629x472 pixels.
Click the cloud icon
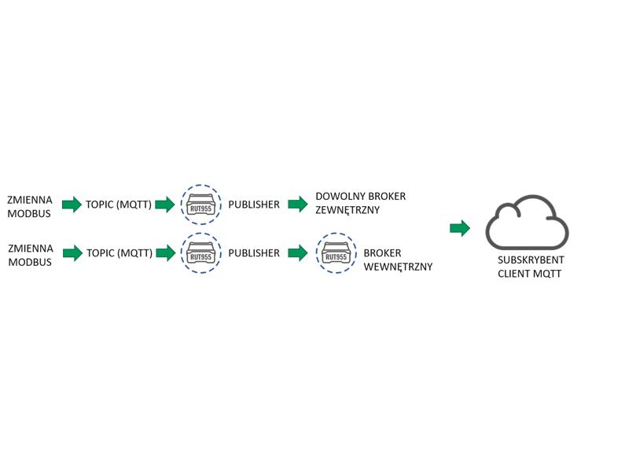coord(527,245)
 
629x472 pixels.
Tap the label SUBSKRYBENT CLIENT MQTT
coord(531,267)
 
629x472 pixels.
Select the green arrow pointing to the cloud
coord(460,228)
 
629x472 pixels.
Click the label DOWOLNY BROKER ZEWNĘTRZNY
coord(360,203)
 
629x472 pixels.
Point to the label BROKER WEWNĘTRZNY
coord(398,260)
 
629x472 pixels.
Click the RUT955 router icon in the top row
coord(200,205)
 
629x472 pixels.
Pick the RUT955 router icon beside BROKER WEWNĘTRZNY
coord(337,253)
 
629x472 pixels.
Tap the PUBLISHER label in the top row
coord(254,205)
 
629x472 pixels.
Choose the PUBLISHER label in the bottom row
coord(254,253)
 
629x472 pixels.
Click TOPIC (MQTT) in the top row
coord(119,205)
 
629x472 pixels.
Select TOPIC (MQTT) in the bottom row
coord(120,253)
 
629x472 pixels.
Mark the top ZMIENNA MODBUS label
coord(30,206)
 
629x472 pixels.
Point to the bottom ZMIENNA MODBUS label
coord(31,255)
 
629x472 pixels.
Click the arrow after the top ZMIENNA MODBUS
coord(72,205)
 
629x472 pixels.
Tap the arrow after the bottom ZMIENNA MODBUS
coord(72,253)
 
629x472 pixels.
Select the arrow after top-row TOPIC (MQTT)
coord(165,205)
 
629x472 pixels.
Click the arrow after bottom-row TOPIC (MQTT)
coord(166,253)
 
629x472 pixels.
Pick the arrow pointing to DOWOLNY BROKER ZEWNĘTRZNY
coord(298,204)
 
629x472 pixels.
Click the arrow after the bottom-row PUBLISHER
coord(298,253)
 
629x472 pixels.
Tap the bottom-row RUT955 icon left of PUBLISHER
coord(200,253)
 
